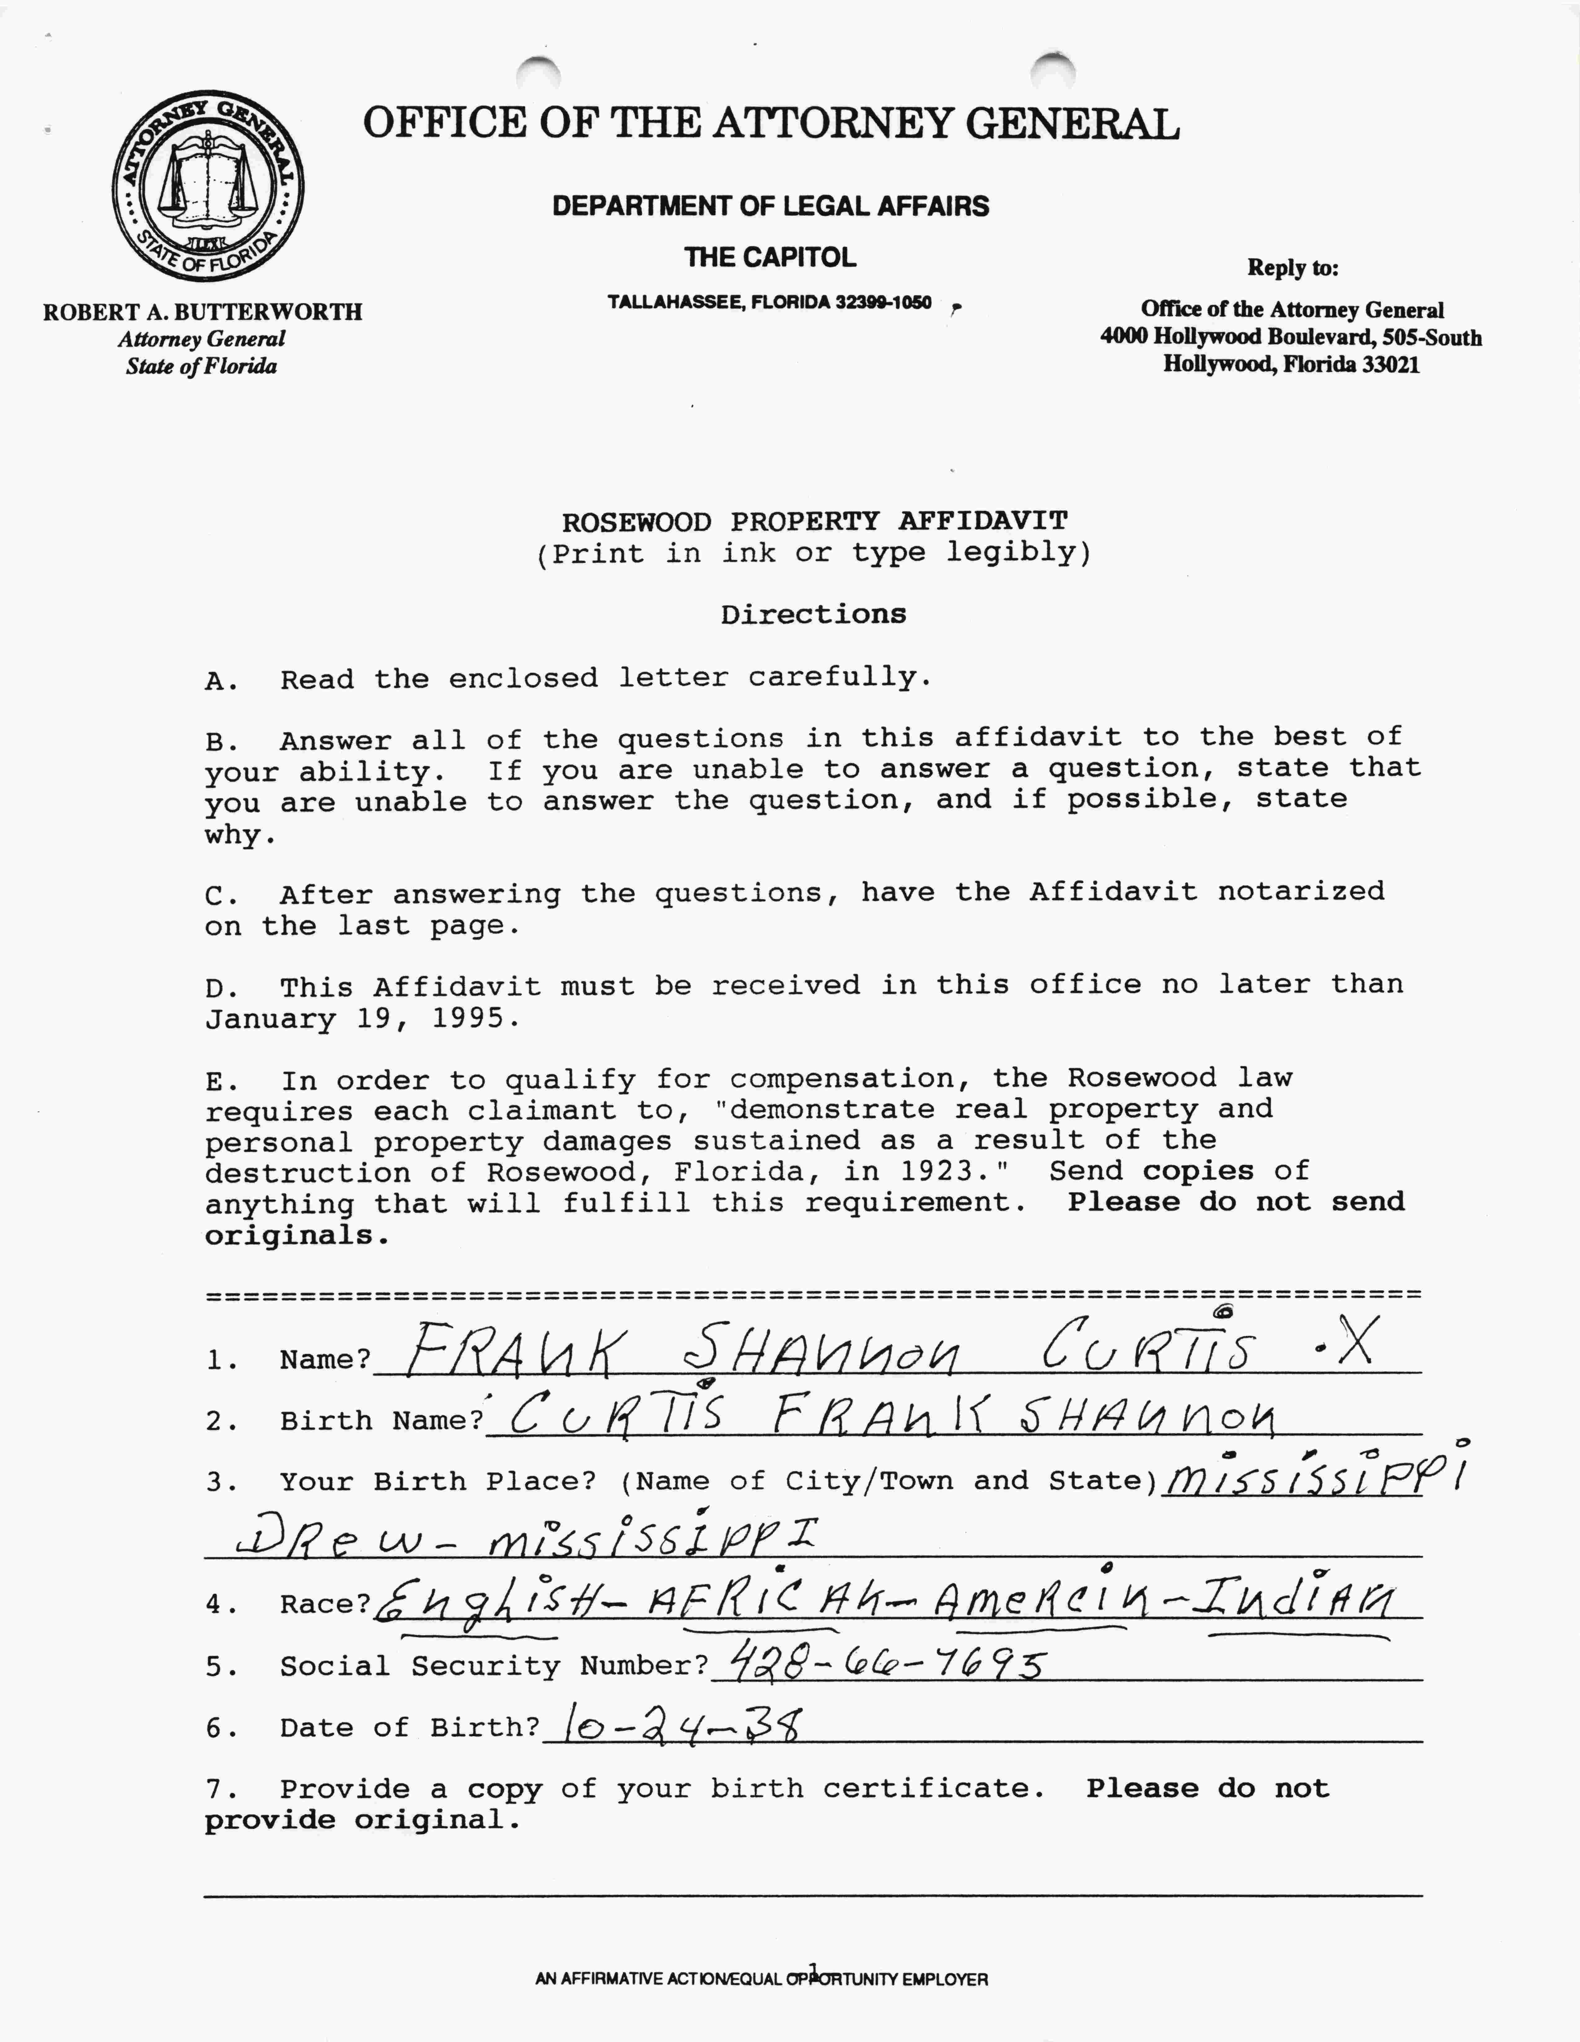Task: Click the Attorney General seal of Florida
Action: pyautogui.click(x=208, y=186)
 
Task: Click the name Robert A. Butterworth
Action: pyautogui.click(x=202, y=311)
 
